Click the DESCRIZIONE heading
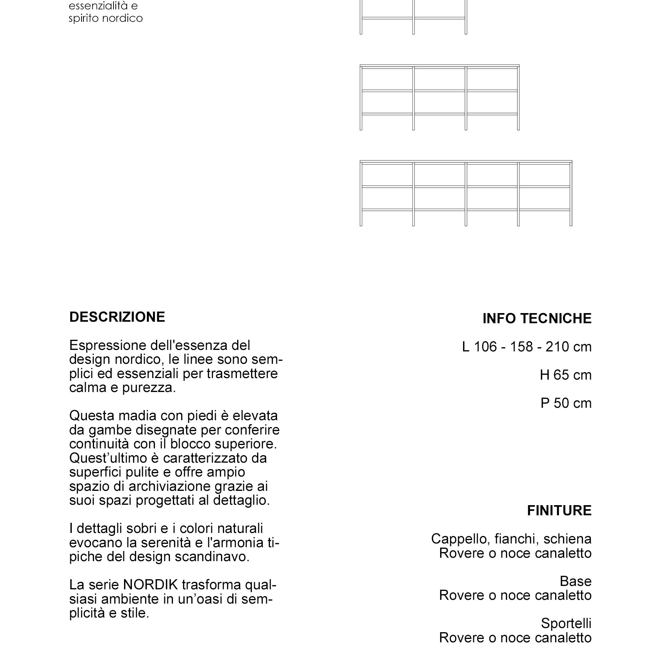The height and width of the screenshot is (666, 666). [x=117, y=317]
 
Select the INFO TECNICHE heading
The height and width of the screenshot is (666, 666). [x=537, y=319]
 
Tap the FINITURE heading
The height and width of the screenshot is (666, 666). [x=559, y=511]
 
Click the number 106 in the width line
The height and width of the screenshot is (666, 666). [x=485, y=347]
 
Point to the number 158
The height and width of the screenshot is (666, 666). [x=521, y=347]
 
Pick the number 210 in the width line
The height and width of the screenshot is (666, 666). [x=557, y=347]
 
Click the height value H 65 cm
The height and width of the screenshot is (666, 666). [x=566, y=375]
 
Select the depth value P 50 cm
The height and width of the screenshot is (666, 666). [x=566, y=403]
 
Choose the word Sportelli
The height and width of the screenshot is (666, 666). [x=566, y=624]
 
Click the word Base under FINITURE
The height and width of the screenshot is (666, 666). [x=575, y=581]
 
